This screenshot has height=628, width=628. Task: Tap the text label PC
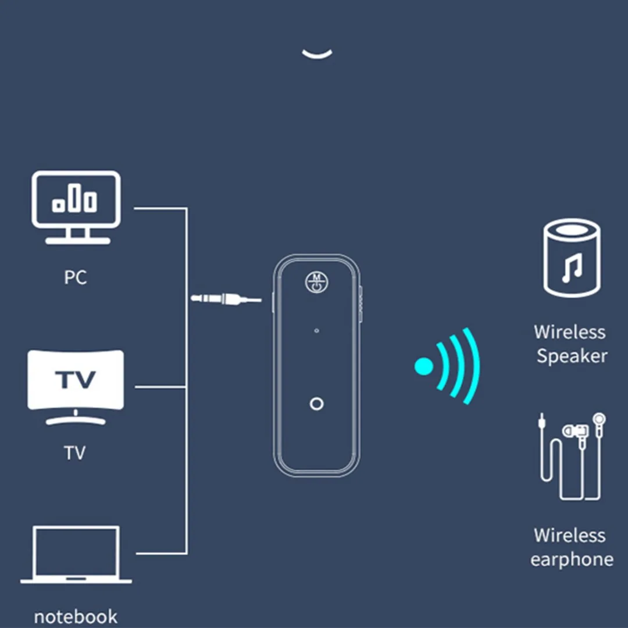click(76, 277)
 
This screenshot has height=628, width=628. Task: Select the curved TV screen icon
click(76, 380)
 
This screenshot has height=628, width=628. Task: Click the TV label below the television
click(75, 452)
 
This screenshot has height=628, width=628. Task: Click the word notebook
click(76, 616)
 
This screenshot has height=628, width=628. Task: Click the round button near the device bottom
click(316, 404)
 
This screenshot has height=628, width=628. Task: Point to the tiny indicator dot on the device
click(316, 331)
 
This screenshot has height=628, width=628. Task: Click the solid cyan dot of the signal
click(423, 366)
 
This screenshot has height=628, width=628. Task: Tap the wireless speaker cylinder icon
click(572, 259)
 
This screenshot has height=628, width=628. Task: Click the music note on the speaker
click(572, 269)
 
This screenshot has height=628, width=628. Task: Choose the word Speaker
click(572, 356)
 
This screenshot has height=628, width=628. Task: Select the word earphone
click(572, 559)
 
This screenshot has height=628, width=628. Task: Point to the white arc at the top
click(317, 53)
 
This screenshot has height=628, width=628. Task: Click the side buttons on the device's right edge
click(361, 302)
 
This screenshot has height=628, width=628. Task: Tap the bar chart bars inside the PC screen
click(74, 199)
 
